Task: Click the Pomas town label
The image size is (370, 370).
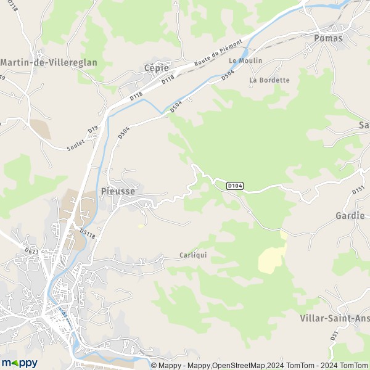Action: [327, 38]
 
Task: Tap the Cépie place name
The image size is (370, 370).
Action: [156, 68]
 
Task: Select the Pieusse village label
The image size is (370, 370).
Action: [118, 192]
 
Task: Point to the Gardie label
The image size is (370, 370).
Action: [350, 216]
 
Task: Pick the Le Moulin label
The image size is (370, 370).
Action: [245, 60]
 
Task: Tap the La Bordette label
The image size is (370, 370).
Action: [269, 80]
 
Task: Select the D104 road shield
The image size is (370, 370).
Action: [235, 185]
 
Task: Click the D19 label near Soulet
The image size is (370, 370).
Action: [93, 130]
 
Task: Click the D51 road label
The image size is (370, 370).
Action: [334, 335]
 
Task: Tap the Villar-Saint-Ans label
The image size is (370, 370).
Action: [334, 318]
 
